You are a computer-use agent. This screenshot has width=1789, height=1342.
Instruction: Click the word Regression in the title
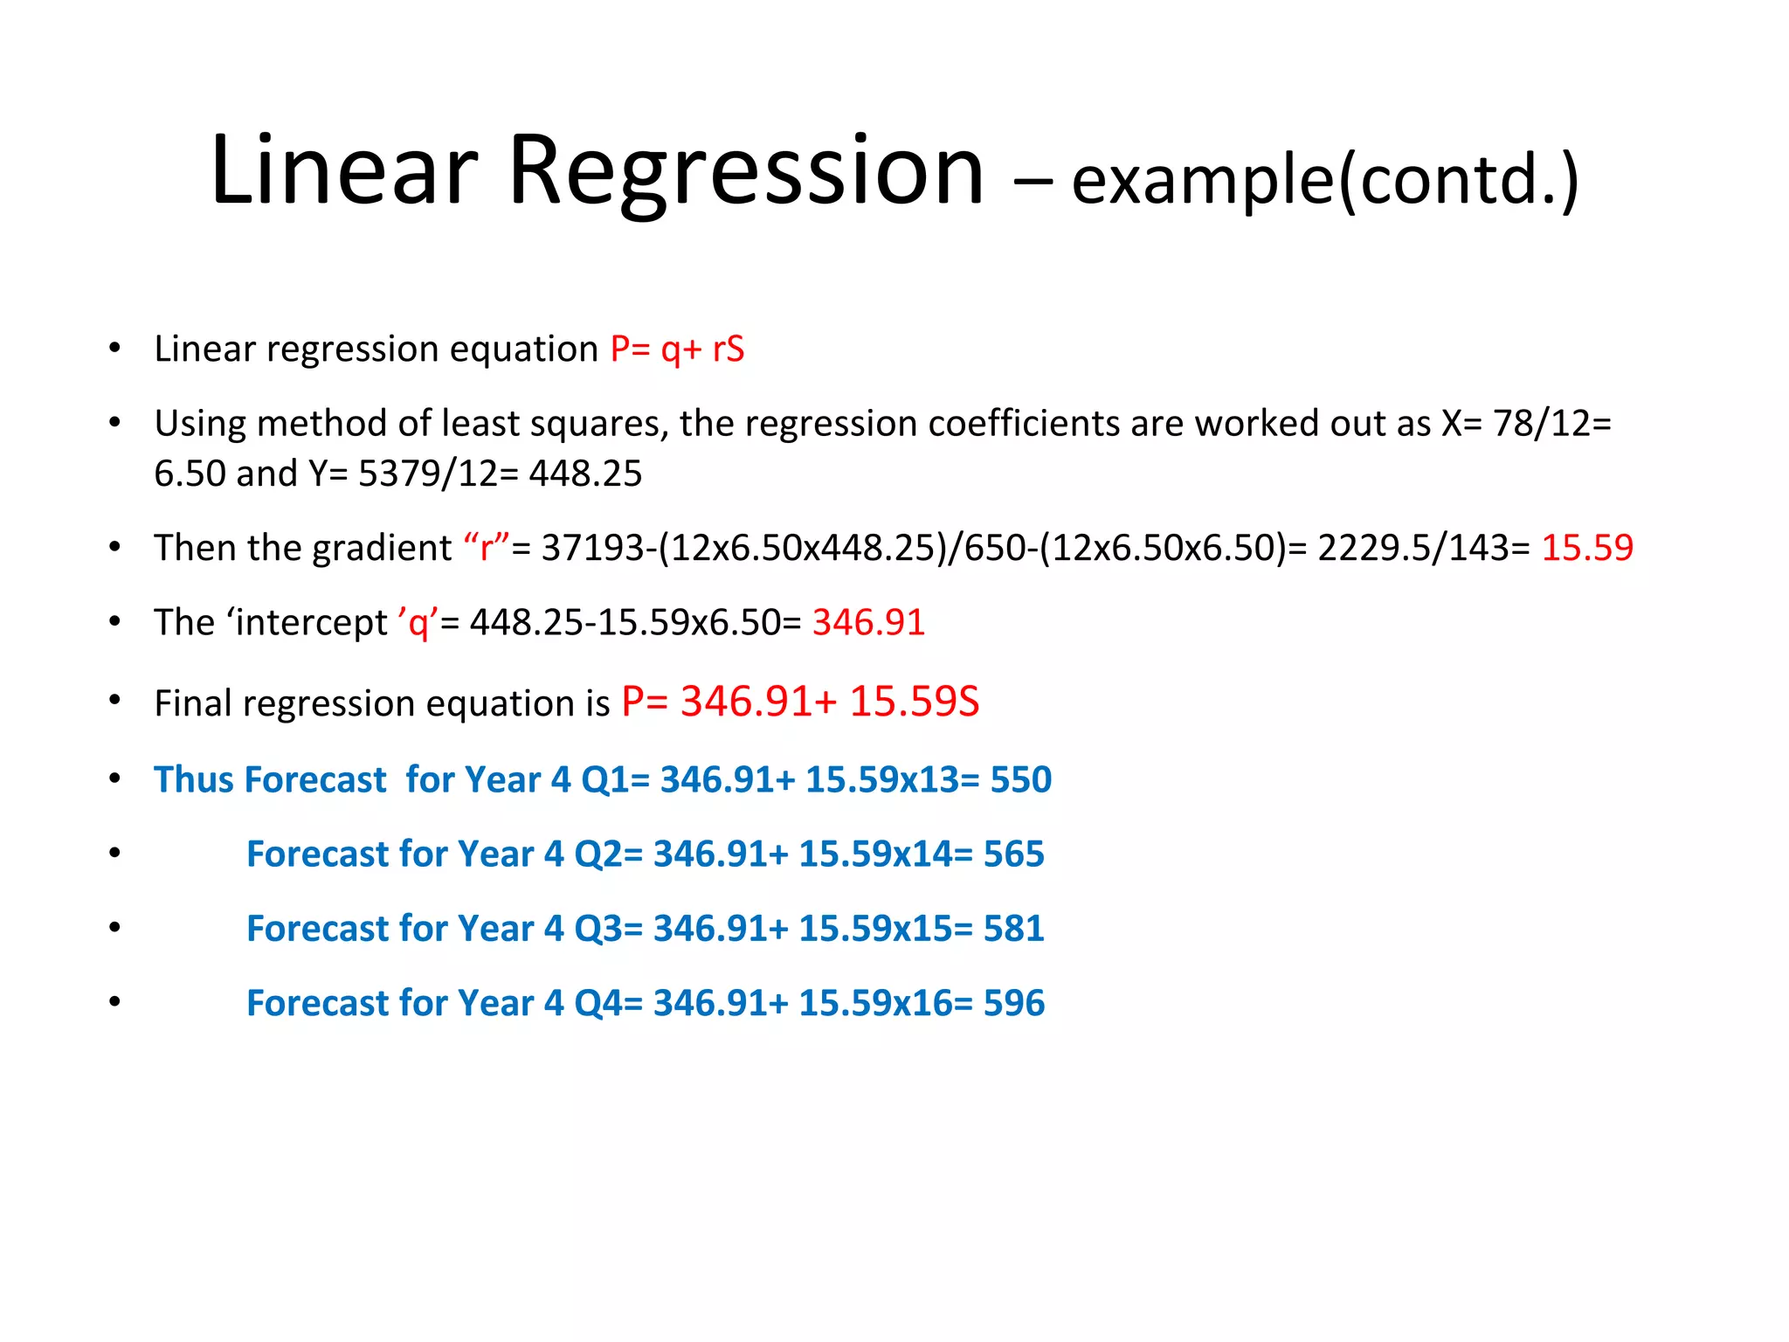tap(746, 171)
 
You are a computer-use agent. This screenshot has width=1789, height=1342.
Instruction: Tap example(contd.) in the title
tap(1324, 180)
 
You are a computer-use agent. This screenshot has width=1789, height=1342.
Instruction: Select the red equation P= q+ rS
tap(677, 349)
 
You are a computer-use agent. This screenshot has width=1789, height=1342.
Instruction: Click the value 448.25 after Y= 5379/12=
tap(585, 474)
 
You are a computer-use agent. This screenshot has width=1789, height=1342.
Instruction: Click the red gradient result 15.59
tap(1587, 548)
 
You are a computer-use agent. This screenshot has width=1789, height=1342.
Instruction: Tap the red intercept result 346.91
tap(868, 623)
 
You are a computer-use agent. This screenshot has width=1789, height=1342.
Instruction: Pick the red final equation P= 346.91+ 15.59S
tap(800, 702)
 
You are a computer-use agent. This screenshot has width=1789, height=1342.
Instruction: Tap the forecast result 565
tap(1013, 854)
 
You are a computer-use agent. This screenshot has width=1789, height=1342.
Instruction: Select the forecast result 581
tap(1013, 928)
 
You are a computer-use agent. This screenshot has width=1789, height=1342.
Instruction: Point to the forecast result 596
tap(1013, 1003)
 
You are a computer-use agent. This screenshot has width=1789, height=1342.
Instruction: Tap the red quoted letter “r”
tap(487, 548)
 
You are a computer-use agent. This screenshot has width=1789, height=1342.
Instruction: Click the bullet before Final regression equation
tap(114, 701)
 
